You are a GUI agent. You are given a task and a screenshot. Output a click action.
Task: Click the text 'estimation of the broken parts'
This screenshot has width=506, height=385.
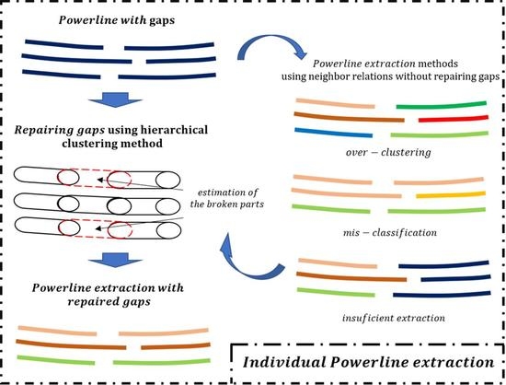(x=240, y=188)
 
